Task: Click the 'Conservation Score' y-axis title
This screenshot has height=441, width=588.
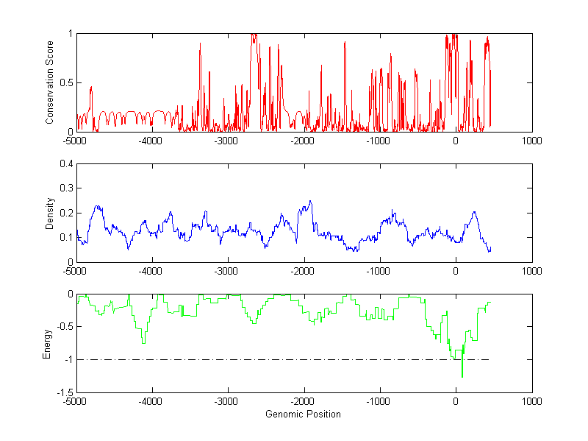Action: click(x=50, y=82)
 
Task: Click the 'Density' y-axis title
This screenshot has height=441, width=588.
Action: click(x=50, y=213)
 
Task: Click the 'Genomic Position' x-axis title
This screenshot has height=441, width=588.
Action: click(x=303, y=414)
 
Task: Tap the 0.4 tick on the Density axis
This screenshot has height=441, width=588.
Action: click(x=67, y=164)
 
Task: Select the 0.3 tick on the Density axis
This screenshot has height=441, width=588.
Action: click(x=67, y=188)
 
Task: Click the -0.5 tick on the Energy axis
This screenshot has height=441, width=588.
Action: click(x=65, y=327)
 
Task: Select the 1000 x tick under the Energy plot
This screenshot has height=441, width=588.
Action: click(x=531, y=402)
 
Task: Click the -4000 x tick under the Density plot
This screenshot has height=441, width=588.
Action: click(x=151, y=271)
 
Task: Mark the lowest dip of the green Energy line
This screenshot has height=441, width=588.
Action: click(x=462, y=377)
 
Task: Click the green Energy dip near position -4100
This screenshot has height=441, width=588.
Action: click(x=143, y=343)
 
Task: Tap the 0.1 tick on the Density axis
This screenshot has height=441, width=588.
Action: click(x=67, y=237)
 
